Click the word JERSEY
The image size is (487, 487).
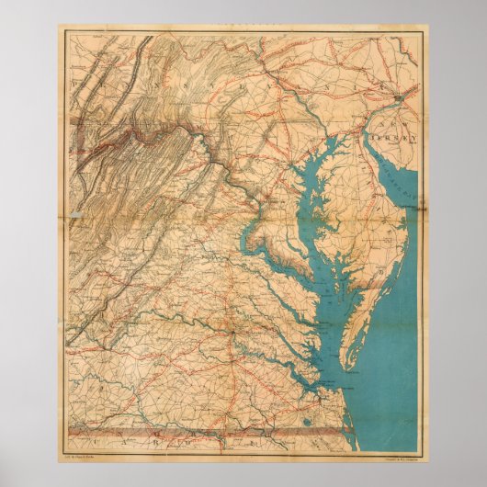[x=398, y=138]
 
